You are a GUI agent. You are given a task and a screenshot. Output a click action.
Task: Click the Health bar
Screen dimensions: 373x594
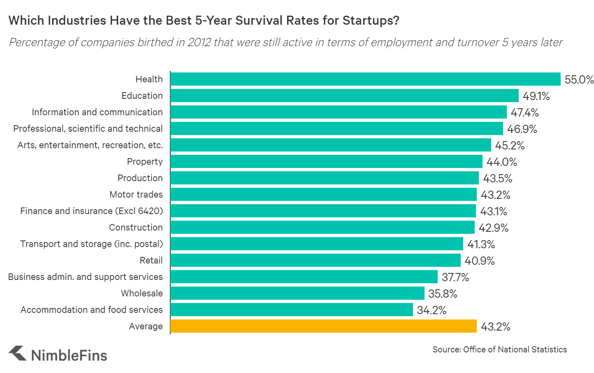365,79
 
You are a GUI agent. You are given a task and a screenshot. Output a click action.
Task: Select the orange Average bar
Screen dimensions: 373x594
323,326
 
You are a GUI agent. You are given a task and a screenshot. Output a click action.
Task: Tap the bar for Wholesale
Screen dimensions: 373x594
297,293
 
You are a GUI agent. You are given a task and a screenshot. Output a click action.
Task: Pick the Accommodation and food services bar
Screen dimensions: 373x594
291,310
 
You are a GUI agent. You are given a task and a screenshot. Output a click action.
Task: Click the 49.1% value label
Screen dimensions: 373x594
536,96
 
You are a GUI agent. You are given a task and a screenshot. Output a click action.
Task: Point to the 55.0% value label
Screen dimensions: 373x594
579,79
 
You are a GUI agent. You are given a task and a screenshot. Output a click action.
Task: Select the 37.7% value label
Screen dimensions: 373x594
455,277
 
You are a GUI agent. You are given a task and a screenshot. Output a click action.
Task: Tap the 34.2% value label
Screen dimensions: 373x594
431,310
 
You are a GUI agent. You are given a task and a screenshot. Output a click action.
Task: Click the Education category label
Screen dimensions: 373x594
142,96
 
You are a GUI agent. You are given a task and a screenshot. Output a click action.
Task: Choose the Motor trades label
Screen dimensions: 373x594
136,194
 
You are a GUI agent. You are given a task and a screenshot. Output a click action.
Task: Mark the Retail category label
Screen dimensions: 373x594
151,260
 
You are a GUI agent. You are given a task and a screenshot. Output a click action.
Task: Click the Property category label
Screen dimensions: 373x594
144,161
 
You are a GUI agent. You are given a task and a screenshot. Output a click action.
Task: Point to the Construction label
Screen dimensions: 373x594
136,227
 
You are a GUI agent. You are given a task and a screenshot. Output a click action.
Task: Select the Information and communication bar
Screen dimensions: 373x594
338,112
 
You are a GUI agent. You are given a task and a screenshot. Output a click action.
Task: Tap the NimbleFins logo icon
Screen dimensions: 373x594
18,354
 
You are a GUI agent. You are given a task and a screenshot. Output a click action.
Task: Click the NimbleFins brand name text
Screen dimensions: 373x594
69,355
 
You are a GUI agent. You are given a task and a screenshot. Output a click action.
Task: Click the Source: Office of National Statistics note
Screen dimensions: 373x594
499,350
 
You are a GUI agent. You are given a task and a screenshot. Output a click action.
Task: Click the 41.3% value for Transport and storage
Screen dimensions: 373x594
481,244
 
